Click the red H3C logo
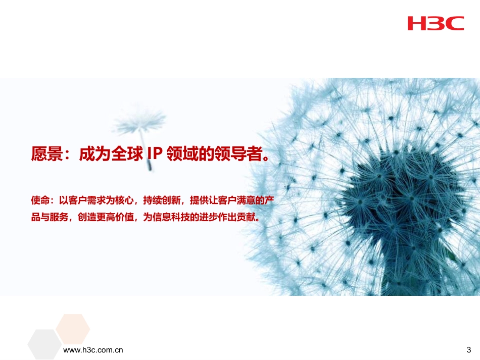click(x=436, y=23)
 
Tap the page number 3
click(x=468, y=349)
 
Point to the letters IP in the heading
click(x=154, y=153)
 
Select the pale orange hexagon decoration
click(x=73, y=328)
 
